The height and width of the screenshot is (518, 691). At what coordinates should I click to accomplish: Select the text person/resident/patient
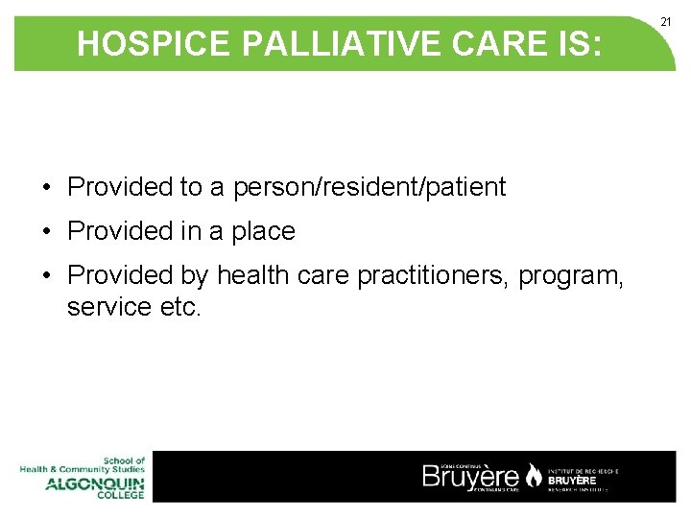point(369,187)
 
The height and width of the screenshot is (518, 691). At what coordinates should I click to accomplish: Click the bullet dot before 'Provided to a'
point(46,188)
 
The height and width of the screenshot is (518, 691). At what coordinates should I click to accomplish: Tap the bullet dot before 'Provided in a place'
point(46,232)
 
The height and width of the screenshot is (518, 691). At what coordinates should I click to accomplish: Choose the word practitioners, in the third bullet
point(433,276)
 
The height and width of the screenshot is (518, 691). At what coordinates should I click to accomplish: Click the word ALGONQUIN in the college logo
point(94,483)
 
